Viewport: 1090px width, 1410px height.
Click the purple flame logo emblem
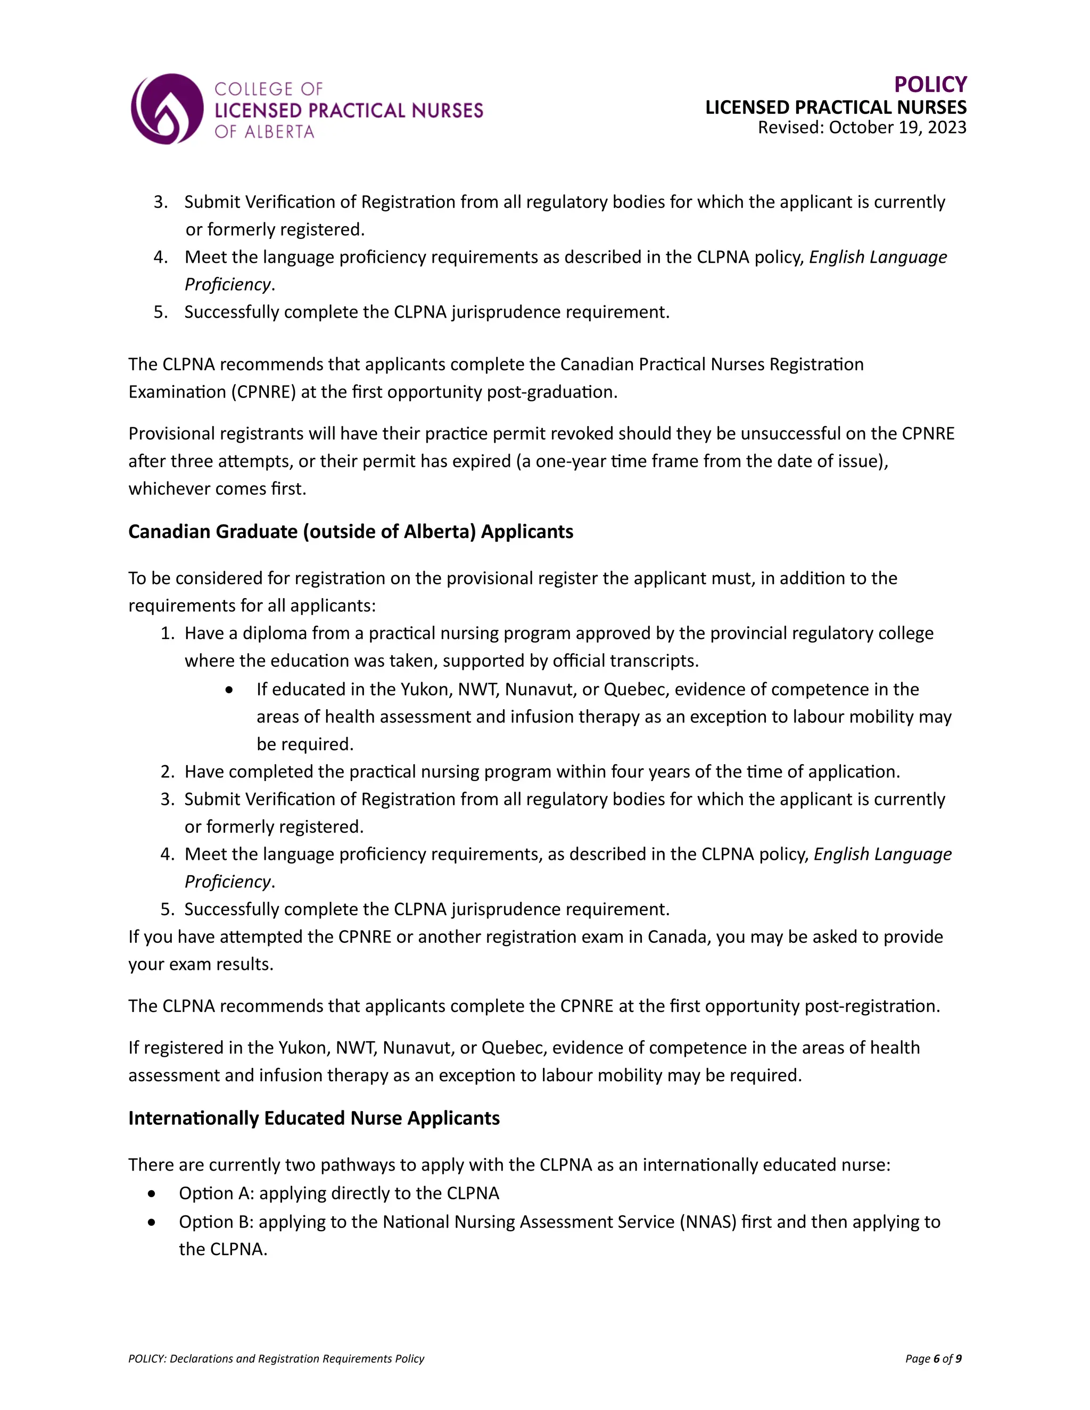pos(167,109)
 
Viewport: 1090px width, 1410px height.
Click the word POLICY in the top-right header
pos(930,85)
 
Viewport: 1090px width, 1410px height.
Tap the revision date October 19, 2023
pos(897,127)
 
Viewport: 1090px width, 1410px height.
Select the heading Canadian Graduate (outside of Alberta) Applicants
pos(351,532)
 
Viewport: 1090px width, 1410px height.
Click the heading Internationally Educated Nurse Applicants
pos(314,1118)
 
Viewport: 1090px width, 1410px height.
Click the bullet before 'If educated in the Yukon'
pos(230,690)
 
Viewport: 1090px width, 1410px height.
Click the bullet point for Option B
pos(151,1222)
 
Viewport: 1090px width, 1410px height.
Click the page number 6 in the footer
pos(936,1358)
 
